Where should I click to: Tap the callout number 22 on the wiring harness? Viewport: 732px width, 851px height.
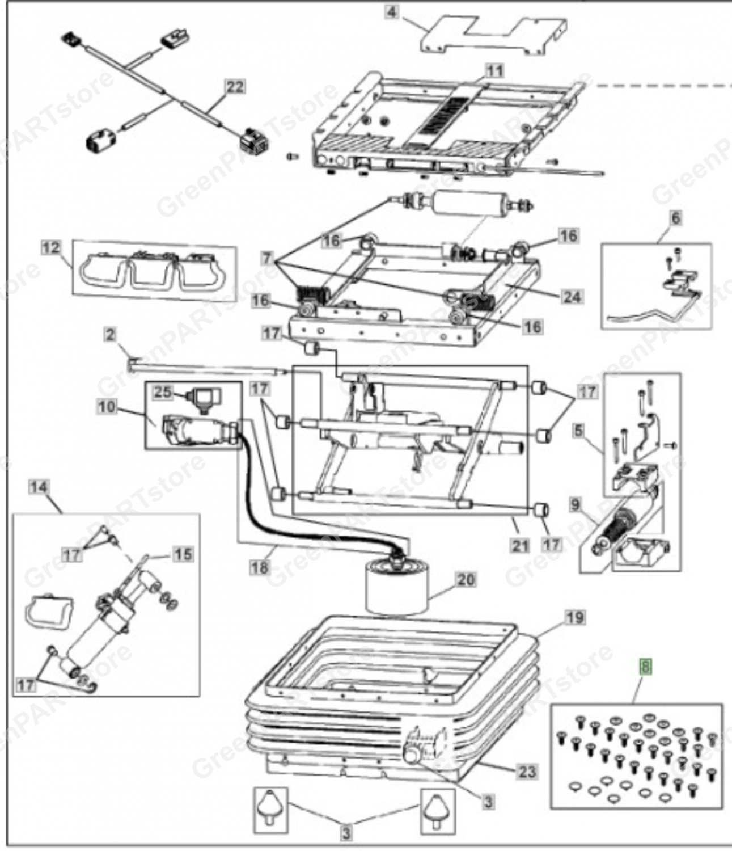[235, 87]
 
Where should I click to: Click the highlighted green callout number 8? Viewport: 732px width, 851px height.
[646, 668]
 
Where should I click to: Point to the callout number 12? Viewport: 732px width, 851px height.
[50, 247]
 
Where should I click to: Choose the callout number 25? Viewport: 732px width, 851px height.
[163, 391]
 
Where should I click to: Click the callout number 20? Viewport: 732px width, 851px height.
[466, 580]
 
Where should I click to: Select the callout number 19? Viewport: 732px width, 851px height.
[575, 617]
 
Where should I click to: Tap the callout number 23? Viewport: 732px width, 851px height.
[527, 772]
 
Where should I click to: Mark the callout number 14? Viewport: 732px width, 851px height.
[39, 487]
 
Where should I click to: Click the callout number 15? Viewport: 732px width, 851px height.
[182, 554]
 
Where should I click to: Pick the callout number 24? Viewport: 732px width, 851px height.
[571, 296]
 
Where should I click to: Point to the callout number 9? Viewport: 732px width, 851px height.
[576, 504]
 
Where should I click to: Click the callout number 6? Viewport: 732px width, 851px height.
[676, 218]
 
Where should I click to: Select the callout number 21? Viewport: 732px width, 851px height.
[520, 546]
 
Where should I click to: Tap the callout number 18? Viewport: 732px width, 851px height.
[260, 567]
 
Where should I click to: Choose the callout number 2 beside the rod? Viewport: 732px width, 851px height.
[109, 335]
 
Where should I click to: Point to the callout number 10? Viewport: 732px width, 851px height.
[106, 407]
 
